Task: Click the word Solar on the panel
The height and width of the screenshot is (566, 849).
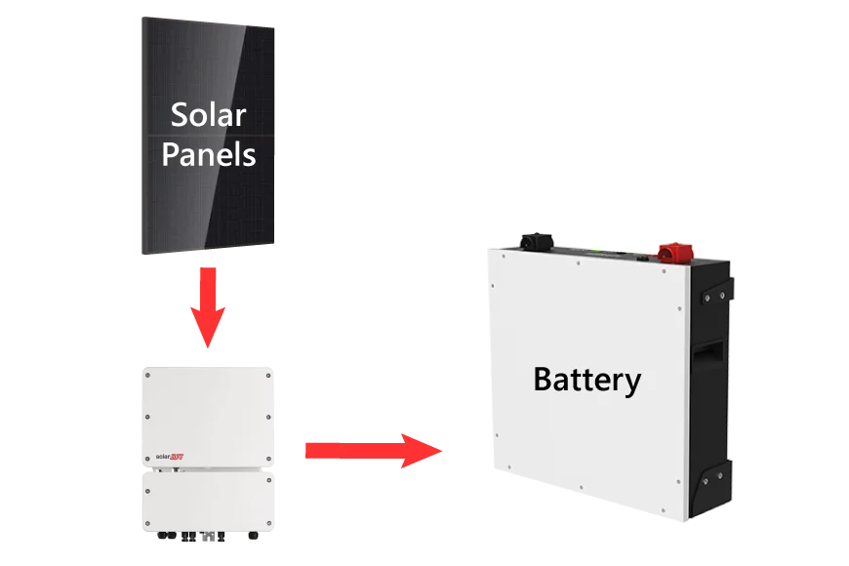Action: [x=209, y=116]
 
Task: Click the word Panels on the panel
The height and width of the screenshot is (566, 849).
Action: [x=209, y=154]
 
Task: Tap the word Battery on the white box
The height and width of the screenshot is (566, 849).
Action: [x=586, y=379]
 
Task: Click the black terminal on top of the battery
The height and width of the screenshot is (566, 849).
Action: [x=534, y=241]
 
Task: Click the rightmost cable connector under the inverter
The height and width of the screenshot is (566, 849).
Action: [x=255, y=536]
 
